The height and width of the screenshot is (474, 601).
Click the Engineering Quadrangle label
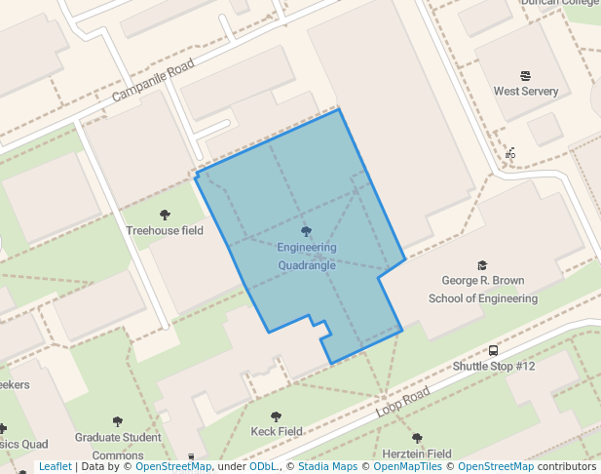tap(307, 257)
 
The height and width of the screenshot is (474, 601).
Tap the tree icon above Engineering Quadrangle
tap(307, 231)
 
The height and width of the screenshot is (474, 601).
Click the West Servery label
tap(526, 92)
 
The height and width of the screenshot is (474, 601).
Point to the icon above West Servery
tap(526, 75)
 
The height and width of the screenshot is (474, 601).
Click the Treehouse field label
tap(165, 231)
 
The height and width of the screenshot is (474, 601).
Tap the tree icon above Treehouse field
tap(165, 215)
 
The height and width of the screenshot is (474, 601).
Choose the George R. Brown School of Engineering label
tap(483, 290)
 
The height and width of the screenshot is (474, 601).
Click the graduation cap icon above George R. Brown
tap(482, 265)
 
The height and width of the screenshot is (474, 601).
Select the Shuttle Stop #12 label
tap(494, 367)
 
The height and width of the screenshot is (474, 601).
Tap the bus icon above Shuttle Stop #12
tap(494, 351)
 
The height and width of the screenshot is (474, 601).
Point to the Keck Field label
tap(277, 431)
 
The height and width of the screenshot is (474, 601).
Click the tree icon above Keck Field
tap(277, 416)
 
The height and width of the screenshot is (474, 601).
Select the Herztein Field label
tap(417, 454)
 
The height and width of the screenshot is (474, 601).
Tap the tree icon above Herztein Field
tap(417, 438)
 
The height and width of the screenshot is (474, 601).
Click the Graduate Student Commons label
tap(118, 446)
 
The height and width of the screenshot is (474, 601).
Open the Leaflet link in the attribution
tap(56, 466)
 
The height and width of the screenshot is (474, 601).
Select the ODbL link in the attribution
tap(262, 466)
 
